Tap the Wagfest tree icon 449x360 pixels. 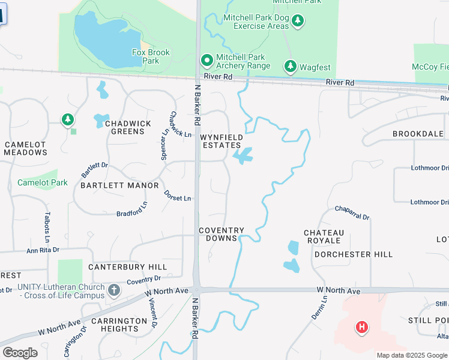click(291, 65)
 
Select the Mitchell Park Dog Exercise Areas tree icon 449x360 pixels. click(298, 22)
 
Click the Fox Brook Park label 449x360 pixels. click(151, 56)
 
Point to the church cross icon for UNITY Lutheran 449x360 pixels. click(114, 291)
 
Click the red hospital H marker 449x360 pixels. click(361, 327)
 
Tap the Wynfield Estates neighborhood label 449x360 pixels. click(221, 141)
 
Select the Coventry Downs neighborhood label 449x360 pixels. click(221, 234)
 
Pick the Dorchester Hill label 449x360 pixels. click(353, 254)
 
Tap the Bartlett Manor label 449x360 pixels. click(119, 185)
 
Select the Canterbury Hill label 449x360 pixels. click(127, 266)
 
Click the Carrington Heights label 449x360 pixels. click(120, 325)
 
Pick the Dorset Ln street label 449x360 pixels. click(178, 195)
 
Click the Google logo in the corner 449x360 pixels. click(20, 353)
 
